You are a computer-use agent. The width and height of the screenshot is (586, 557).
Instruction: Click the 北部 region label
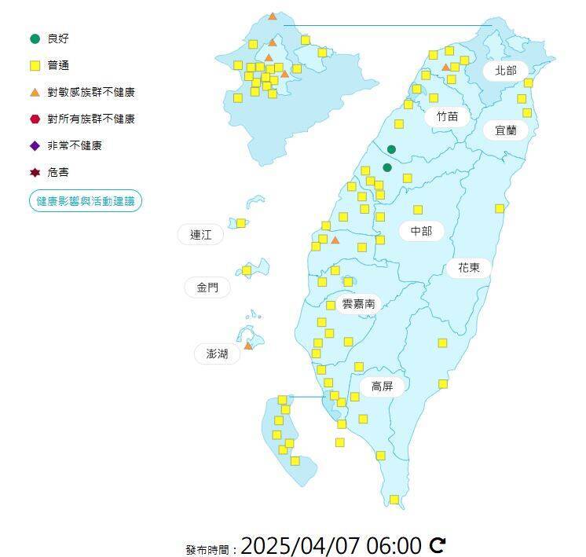click(506, 71)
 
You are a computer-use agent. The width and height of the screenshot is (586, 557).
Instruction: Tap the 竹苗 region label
click(446, 116)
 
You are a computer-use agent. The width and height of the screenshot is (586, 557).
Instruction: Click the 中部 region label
click(421, 231)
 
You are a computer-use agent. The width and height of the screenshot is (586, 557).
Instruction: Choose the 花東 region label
click(469, 268)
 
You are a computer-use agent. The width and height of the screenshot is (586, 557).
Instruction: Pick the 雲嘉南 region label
click(358, 303)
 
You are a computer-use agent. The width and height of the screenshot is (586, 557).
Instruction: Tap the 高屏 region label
click(382, 387)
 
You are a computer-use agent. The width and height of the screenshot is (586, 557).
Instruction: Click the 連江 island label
click(200, 234)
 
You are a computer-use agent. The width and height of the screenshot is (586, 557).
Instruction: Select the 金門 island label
click(207, 288)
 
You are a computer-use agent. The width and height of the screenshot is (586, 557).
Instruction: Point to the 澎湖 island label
click(217, 354)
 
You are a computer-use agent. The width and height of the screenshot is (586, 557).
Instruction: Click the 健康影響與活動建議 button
click(86, 201)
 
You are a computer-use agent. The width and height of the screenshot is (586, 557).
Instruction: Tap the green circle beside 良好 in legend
click(35, 38)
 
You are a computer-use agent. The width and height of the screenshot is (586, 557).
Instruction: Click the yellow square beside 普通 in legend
click(35, 65)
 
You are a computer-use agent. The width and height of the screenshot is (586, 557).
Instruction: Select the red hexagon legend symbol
click(35, 119)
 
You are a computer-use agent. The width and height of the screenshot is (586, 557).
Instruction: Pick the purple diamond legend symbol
click(35, 146)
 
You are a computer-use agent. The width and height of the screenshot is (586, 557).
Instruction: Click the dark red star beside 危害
click(35, 173)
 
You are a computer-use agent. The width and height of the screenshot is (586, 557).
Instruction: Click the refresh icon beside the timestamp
click(438, 544)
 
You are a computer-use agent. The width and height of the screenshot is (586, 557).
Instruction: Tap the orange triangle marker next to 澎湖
click(248, 346)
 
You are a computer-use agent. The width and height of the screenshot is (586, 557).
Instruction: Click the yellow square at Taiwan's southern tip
click(394, 500)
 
